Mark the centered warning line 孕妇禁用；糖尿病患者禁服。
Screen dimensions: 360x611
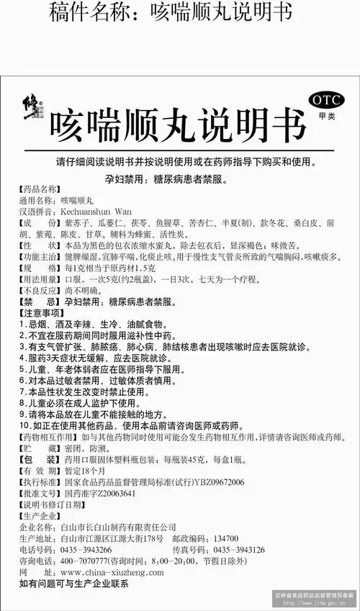pos(180,175)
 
